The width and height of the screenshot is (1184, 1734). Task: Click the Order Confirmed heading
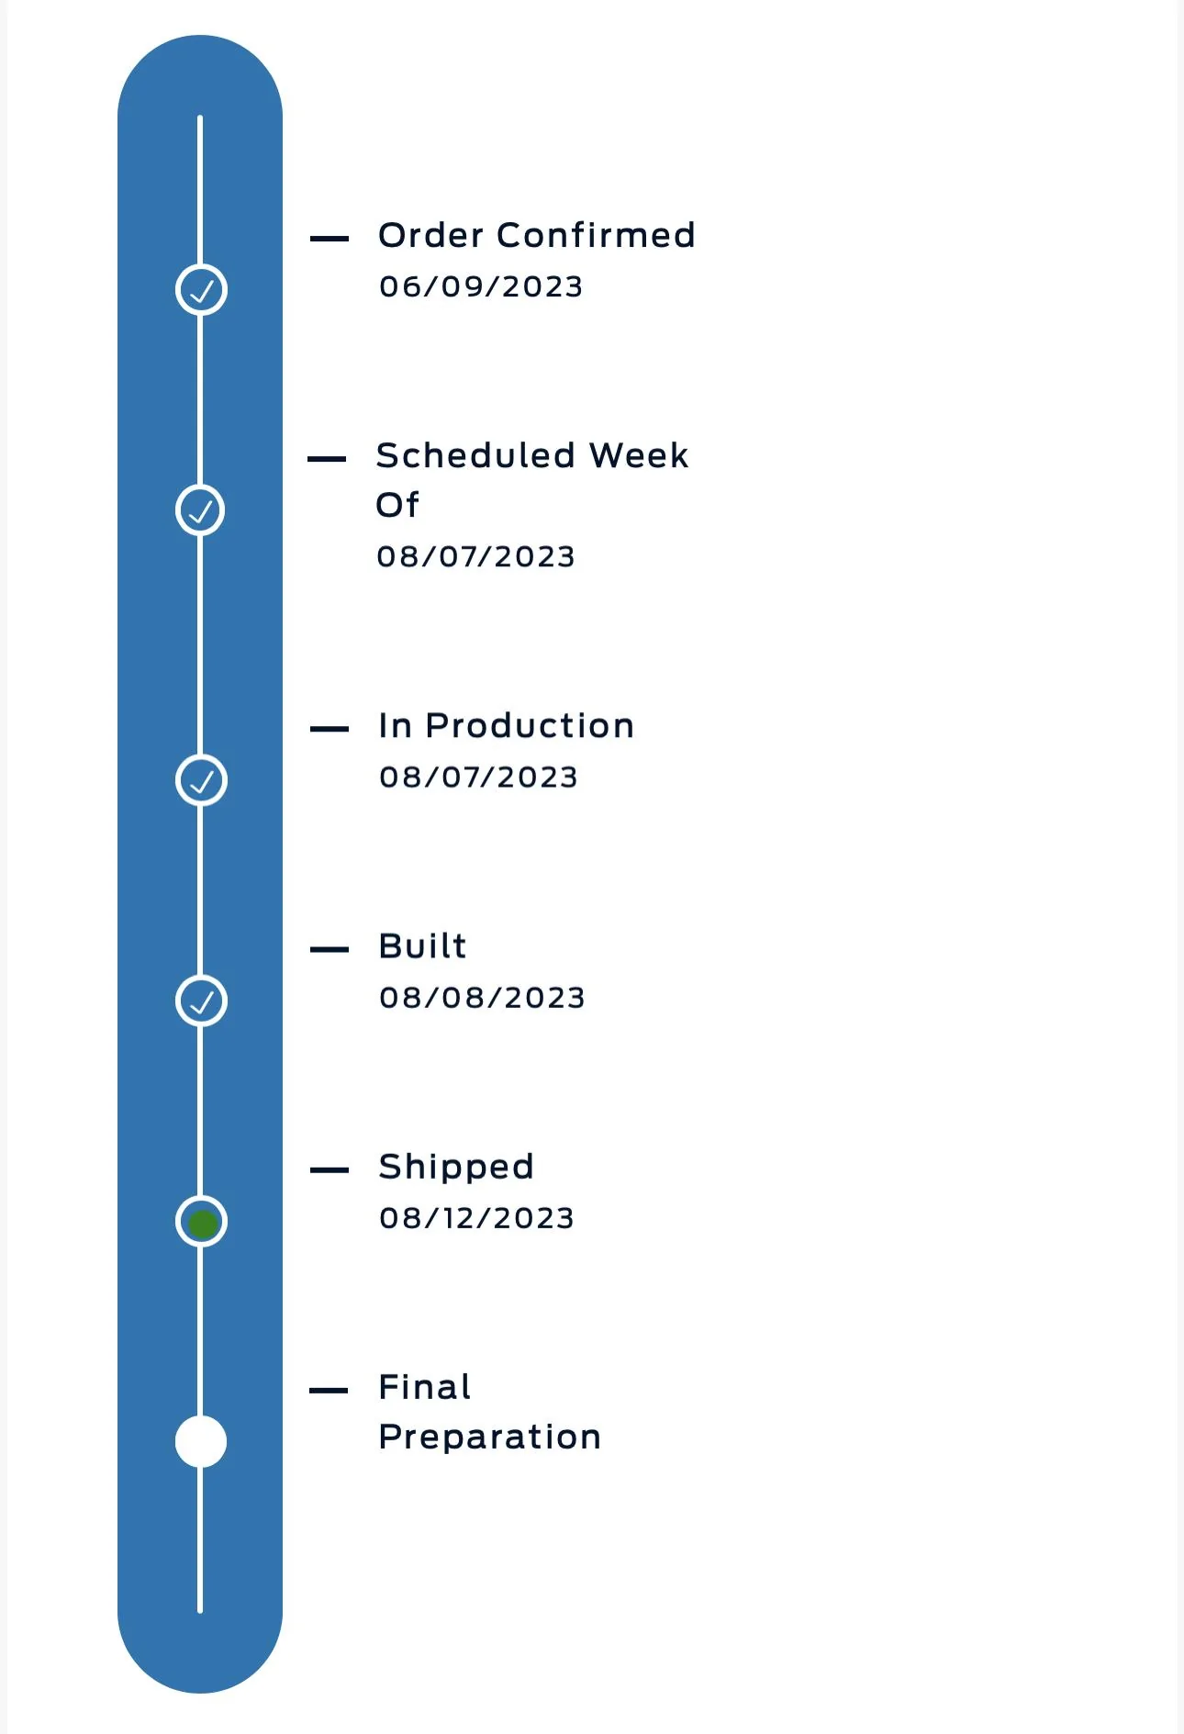click(537, 235)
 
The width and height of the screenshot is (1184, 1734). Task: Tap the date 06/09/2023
click(481, 286)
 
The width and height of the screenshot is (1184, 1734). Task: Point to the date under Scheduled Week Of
click(475, 556)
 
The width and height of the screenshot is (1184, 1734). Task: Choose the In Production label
click(506, 726)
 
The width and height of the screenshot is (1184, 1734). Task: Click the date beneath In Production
click(478, 778)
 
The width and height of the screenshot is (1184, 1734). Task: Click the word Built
click(422, 945)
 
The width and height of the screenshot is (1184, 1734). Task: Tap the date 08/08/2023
click(482, 998)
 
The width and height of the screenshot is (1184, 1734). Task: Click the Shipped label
click(456, 1167)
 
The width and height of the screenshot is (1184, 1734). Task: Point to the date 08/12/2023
click(476, 1218)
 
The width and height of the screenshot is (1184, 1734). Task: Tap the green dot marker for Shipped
click(202, 1223)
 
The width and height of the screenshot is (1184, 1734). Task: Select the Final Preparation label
click(489, 1412)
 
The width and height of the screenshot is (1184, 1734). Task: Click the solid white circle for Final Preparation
click(201, 1441)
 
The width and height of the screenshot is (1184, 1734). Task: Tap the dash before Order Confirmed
click(330, 239)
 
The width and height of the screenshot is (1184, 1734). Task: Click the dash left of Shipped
click(330, 1170)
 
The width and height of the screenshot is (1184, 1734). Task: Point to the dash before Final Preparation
click(329, 1391)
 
